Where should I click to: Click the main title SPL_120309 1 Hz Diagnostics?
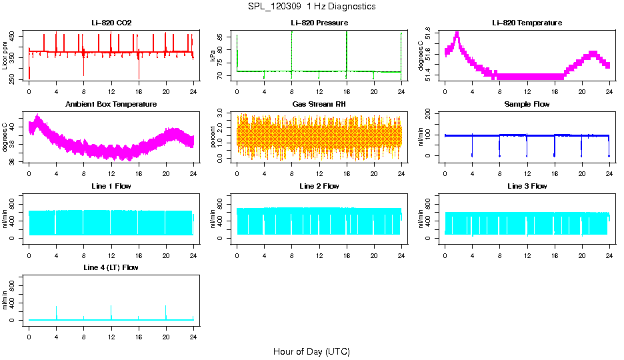click(x=311, y=7)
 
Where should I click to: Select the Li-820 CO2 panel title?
click(x=111, y=23)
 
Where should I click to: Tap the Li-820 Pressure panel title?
click(x=319, y=23)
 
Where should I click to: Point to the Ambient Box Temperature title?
click(x=111, y=105)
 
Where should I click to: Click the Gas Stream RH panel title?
click(x=319, y=105)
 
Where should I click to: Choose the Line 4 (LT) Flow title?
click(x=111, y=267)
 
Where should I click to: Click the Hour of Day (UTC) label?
click(x=311, y=351)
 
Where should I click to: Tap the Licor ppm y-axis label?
click(x=5, y=55)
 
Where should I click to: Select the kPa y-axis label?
click(x=213, y=55)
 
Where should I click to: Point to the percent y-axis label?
click(x=213, y=137)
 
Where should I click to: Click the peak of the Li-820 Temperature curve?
click(x=457, y=33)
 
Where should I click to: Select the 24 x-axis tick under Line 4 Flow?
click(x=193, y=337)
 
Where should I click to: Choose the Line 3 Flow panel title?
click(x=527, y=186)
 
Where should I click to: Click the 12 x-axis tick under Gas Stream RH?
click(x=319, y=174)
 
